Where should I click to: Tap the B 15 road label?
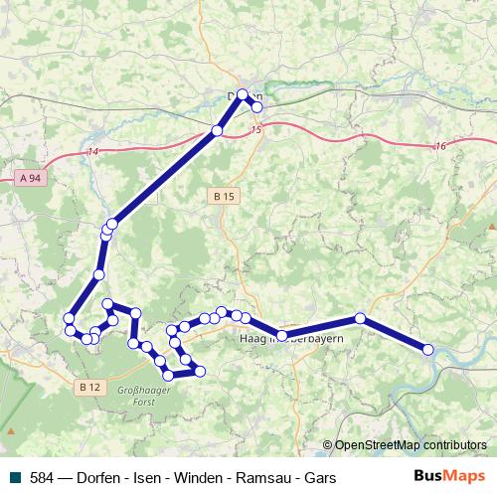coord(224,198)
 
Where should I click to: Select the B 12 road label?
coord(89,387)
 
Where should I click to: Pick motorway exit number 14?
coord(93,151)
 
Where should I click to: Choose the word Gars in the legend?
coord(320,478)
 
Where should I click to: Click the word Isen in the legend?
coord(148,478)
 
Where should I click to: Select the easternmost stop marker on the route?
coord(428,349)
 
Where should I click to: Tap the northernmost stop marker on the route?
coord(243,94)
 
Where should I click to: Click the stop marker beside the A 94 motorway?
coord(217,130)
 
